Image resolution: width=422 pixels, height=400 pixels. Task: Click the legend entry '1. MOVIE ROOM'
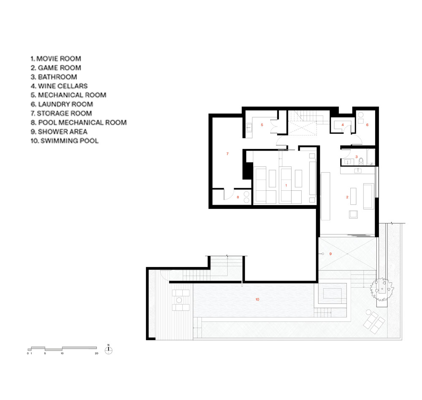tap(56, 59)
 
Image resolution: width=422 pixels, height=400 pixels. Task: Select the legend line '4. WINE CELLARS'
tap(59, 86)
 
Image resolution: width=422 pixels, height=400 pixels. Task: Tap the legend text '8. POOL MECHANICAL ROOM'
tap(78, 122)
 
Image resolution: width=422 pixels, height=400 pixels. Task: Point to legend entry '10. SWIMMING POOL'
tap(64, 141)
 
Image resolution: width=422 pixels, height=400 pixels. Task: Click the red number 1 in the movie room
tap(286, 186)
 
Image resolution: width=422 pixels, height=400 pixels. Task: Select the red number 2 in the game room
tap(347, 197)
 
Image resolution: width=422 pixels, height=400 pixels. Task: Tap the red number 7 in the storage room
tap(227, 154)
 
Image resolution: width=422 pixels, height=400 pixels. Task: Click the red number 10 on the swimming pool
tap(257, 299)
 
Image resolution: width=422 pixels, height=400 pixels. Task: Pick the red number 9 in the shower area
tap(330, 254)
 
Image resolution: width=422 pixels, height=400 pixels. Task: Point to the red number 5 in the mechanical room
tap(262, 125)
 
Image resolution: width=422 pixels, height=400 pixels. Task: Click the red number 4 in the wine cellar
tap(343, 125)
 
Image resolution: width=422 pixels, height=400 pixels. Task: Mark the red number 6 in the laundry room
tap(367, 125)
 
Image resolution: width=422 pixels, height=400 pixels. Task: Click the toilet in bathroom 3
tap(361, 161)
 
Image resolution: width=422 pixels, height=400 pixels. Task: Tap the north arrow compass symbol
tap(108, 350)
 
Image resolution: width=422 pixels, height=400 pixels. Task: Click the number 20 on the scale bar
tap(97, 354)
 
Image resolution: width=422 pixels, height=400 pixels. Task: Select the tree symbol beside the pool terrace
tap(381, 289)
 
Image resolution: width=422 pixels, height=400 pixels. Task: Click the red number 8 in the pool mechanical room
tap(238, 197)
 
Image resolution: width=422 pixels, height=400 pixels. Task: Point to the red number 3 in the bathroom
tap(357, 157)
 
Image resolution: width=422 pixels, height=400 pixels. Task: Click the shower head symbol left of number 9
tap(323, 254)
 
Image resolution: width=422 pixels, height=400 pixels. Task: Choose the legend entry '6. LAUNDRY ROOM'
tap(62, 104)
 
